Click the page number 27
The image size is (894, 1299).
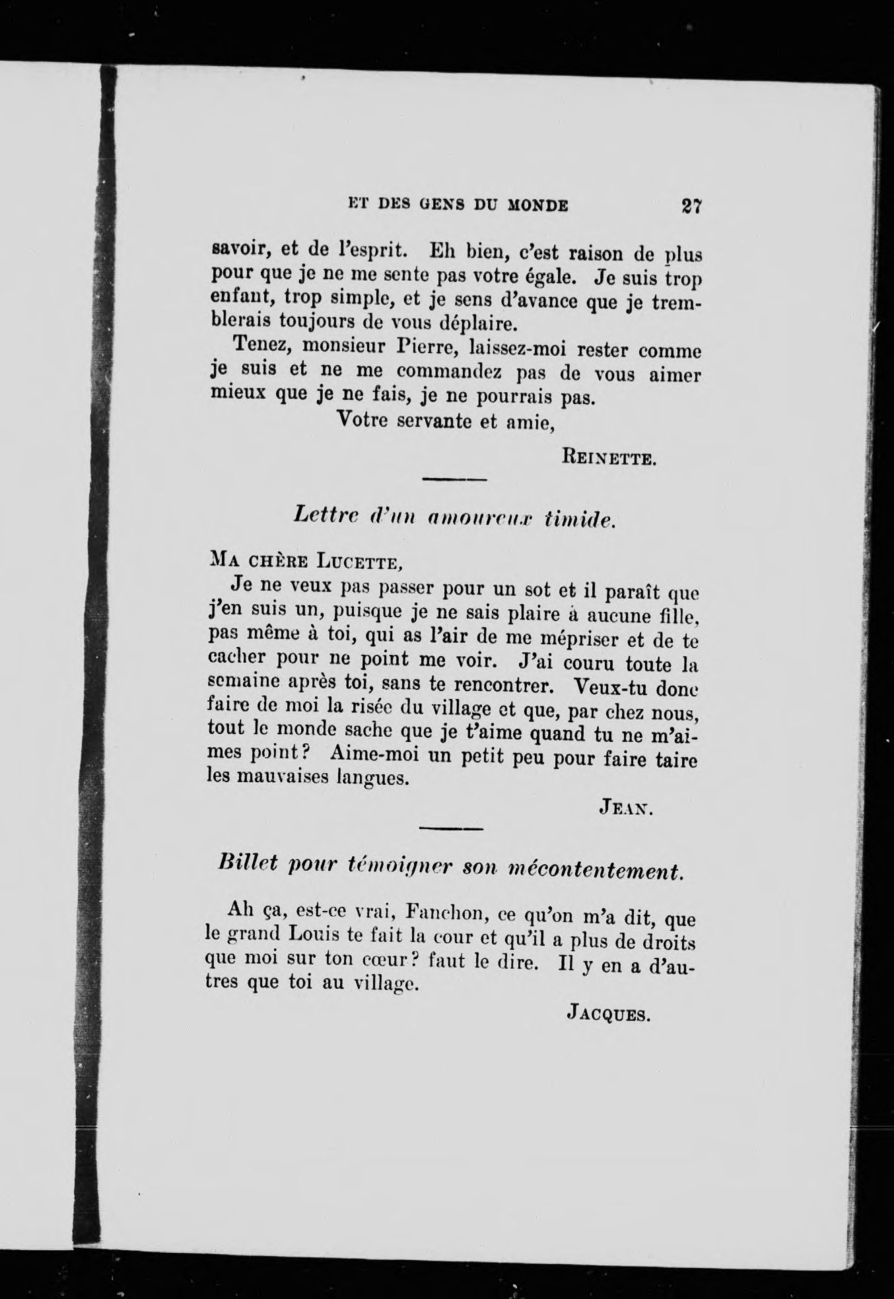[691, 205]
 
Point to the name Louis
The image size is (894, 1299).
[319, 937]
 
